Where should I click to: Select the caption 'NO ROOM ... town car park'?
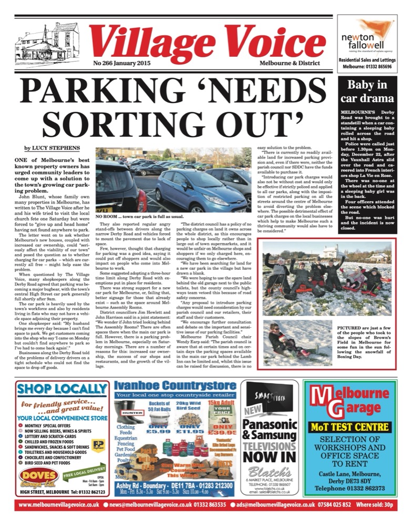[138, 217]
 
